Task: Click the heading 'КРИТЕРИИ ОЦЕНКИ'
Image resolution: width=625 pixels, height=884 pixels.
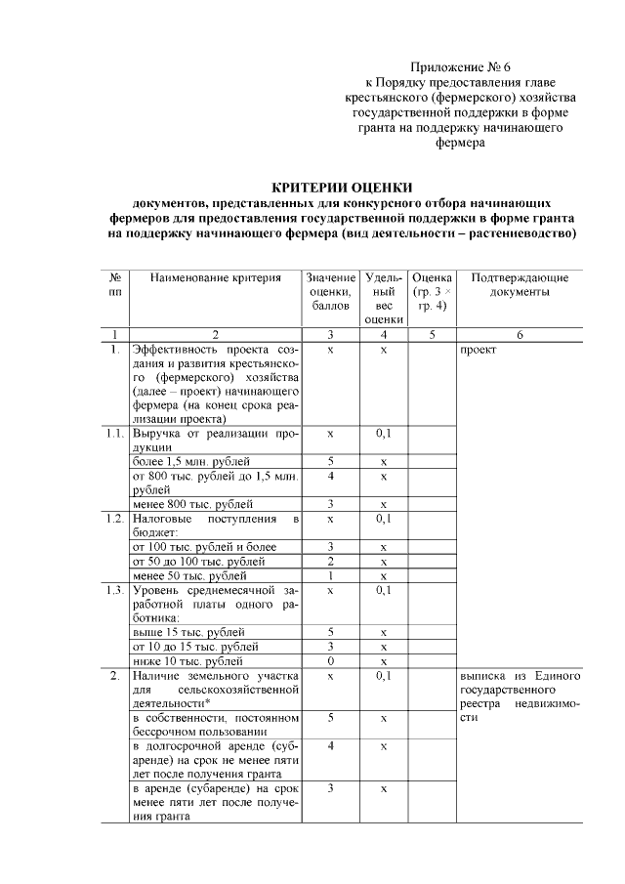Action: pos(342,187)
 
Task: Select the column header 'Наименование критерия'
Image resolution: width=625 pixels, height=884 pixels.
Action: pos(215,278)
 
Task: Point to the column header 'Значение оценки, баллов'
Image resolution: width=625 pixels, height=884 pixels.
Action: pos(331,292)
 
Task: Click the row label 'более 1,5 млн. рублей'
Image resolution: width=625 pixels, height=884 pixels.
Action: pos(191,461)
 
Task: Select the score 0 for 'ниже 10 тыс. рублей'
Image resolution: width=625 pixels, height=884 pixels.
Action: pos(331,661)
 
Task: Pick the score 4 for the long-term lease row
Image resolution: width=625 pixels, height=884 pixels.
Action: pos(331,746)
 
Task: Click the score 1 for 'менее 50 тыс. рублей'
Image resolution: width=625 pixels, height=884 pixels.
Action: pos(331,576)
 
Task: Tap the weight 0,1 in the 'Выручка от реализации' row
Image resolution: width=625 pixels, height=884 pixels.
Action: pos(385,433)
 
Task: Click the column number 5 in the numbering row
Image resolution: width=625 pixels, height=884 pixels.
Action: pos(431,334)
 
